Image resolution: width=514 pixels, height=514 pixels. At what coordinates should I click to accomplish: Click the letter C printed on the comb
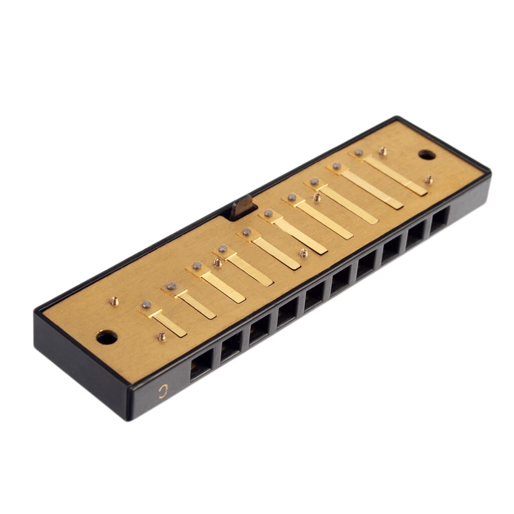click(x=162, y=390)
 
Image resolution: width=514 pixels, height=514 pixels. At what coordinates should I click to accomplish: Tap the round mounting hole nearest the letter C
click(x=106, y=337)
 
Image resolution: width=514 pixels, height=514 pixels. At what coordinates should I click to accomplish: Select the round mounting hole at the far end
click(x=426, y=155)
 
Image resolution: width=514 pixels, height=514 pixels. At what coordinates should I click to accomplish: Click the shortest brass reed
click(x=168, y=322)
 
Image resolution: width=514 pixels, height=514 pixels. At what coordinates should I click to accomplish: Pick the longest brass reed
click(x=394, y=174)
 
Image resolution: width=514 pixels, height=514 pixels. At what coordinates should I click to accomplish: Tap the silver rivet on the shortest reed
click(x=146, y=305)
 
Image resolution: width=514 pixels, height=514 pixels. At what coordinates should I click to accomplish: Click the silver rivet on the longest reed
click(x=358, y=153)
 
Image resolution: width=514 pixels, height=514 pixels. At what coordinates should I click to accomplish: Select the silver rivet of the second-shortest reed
click(x=172, y=286)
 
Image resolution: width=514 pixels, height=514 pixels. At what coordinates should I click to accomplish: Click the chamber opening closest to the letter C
click(x=201, y=365)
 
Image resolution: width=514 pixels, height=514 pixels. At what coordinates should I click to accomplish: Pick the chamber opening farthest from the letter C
click(x=439, y=219)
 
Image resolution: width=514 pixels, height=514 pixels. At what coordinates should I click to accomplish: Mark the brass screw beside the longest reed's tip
click(x=429, y=179)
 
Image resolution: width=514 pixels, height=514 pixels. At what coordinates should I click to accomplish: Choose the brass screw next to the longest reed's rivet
click(x=382, y=150)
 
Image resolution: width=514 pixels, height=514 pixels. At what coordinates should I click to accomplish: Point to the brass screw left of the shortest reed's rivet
click(x=115, y=301)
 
